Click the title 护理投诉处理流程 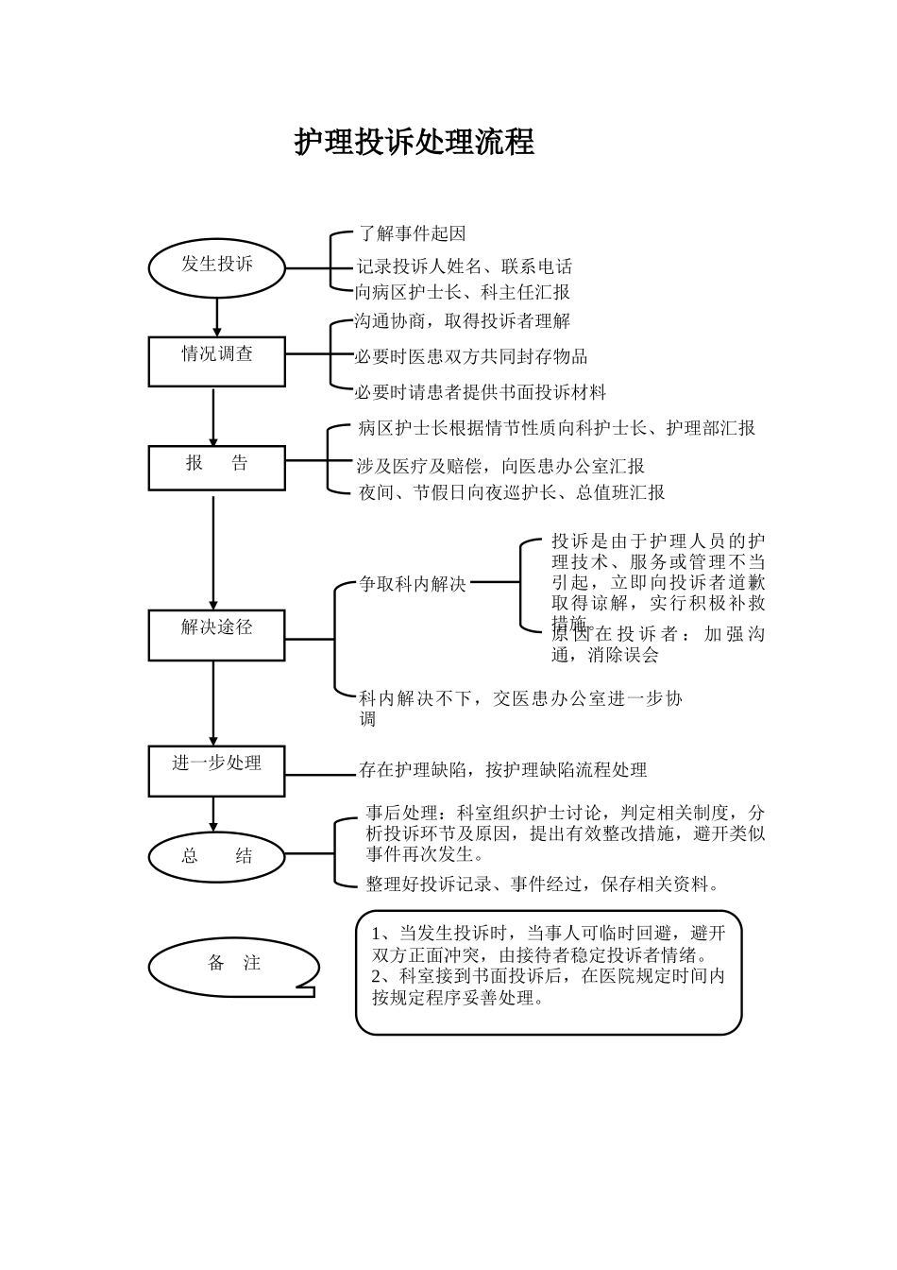(414, 143)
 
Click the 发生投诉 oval (217, 266)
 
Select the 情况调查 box (217, 360)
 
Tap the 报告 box (217, 467)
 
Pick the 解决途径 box (217, 634)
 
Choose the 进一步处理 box (217, 770)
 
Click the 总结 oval (217, 856)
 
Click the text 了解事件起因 (413, 233)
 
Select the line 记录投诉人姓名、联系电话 (465, 266)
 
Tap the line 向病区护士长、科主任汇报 (463, 292)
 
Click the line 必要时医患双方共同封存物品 (471, 356)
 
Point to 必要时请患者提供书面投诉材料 (481, 391)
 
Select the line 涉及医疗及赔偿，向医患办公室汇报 (500, 466)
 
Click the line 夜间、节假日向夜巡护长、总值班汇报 (511, 492)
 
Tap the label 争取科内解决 (413, 584)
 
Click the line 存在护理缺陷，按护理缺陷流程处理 (503, 770)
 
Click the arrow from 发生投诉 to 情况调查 (217, 315)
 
